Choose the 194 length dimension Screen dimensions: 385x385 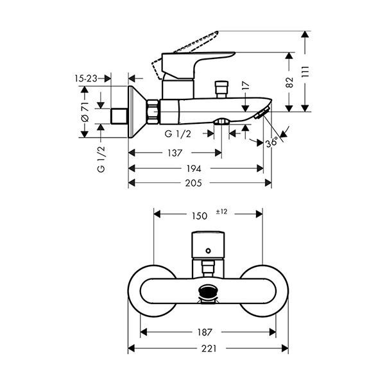[x=194, y=169]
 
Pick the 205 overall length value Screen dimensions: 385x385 [x=194, y=183]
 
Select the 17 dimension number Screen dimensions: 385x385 [x=244, y=85]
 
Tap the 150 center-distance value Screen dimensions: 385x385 [x=200, y=216]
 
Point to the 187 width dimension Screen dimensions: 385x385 [x=206, y=332]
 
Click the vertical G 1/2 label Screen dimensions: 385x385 [x=101, y=158]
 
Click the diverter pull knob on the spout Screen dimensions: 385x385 [x=223, y=85]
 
